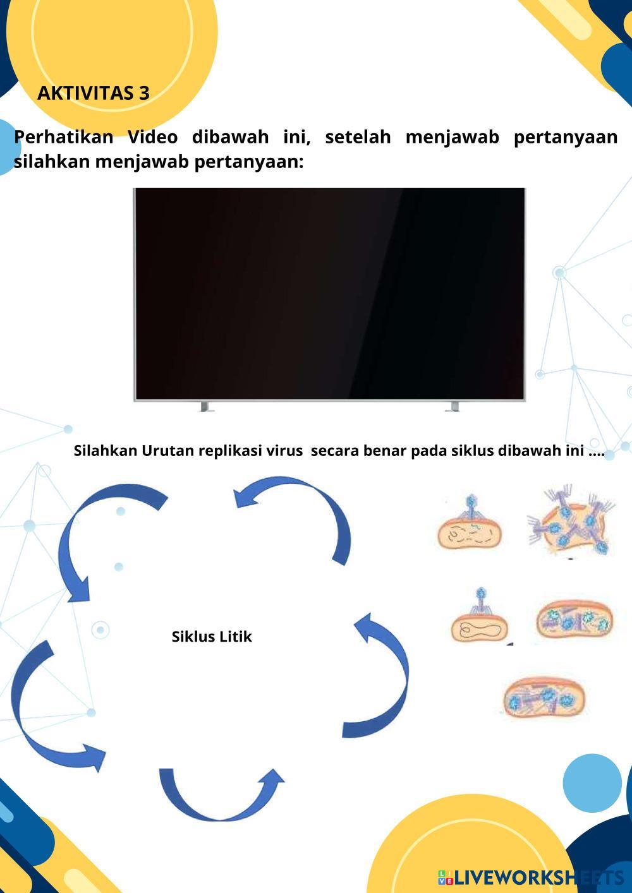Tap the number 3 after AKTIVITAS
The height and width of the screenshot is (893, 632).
144,93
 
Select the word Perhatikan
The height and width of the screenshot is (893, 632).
63,137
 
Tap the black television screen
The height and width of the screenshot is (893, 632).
329,293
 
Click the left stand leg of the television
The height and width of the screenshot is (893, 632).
204,406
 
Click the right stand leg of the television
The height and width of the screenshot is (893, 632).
453,406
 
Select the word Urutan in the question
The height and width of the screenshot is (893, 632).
167,451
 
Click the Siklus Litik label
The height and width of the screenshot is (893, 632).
212,637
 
